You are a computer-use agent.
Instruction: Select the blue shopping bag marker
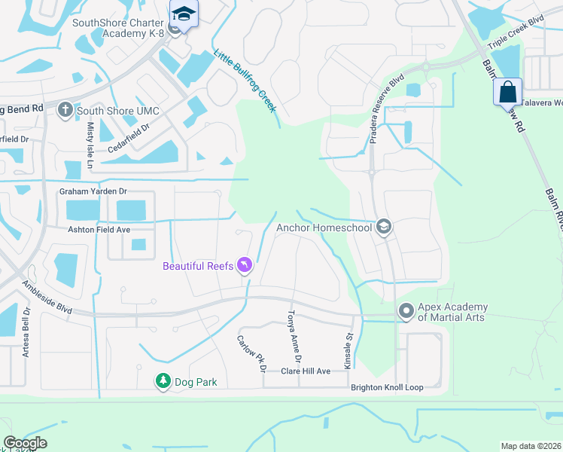pyautogui.click(x=508, y=93)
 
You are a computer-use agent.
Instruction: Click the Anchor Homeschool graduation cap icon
pyautogui.click(x=384, y=228)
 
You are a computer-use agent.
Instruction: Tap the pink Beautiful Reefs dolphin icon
pyautogui.click(x=245, y=266)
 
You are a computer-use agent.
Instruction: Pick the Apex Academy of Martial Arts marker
pyautogui.click(x=406, y=310)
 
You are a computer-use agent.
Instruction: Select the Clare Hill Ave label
pyautogui.click(x=306, y=371)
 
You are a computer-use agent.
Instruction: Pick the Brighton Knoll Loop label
pyautogui.click(x=387, y=387)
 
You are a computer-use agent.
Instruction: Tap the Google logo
pyautogui.click(x=25, y=443)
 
